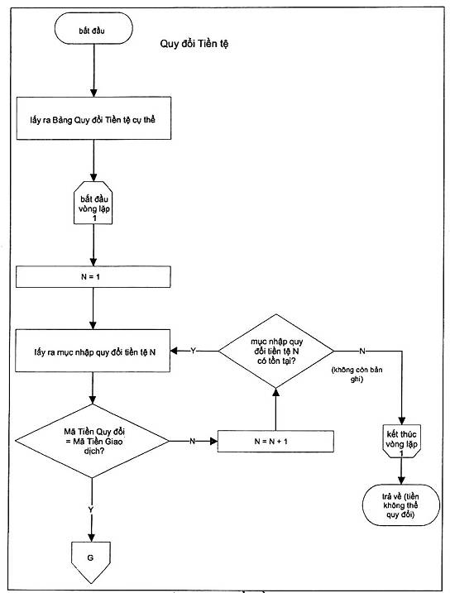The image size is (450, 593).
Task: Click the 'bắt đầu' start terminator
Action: [93, 29]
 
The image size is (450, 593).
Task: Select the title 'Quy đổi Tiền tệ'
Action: [194, 44]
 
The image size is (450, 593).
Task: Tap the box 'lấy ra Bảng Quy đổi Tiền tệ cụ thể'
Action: [93, 118]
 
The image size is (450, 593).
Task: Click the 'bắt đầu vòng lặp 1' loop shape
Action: [93, 203]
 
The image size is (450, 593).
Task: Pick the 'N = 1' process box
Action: [93, 277]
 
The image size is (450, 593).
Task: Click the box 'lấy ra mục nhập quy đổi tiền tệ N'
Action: [93, 351]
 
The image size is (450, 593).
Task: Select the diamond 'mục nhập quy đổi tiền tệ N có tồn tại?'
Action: [276, 351]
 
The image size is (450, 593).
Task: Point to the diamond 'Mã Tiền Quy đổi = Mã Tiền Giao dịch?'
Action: [92, 441]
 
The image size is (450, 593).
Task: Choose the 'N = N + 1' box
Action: [275, 442]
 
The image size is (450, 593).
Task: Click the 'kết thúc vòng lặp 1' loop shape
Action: [401, 442]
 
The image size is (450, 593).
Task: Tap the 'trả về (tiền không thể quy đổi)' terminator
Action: [401, 505]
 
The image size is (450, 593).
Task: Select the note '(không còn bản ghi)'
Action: [357, 374]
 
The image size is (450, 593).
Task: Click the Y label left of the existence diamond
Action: [194, 351]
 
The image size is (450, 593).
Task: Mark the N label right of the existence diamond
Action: [362, 351]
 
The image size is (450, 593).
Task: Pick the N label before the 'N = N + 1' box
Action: [192, 441]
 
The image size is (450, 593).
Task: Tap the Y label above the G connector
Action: [91, 509]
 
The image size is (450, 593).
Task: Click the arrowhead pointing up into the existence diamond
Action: [275, 392]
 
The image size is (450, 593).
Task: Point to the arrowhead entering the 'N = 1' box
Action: [93, 262]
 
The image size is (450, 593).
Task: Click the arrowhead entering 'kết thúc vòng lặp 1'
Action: [401, 420]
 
